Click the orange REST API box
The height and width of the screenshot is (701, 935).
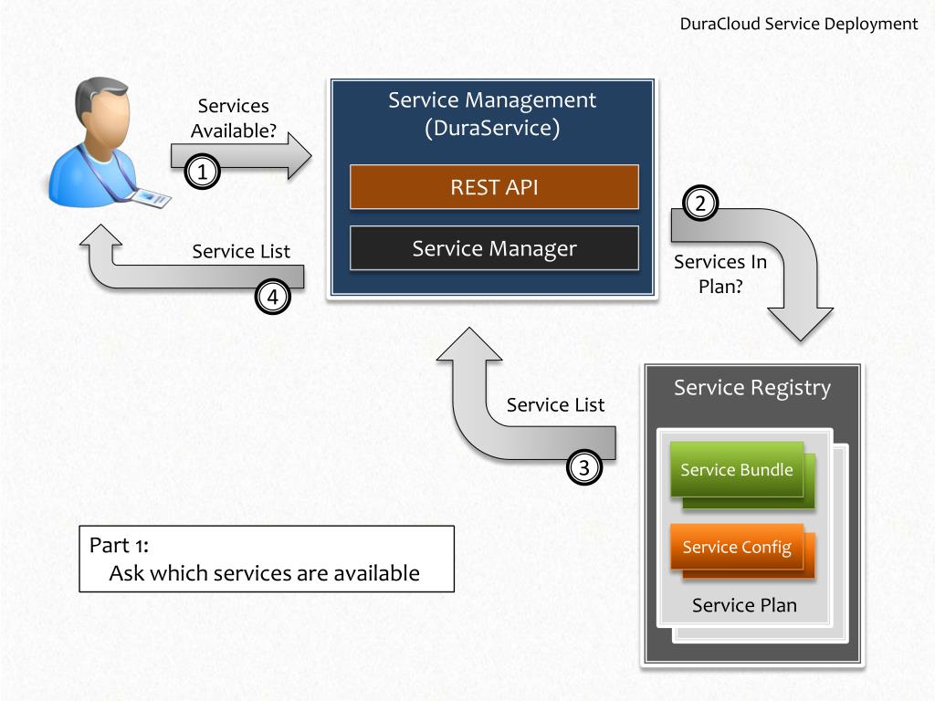tap(494, 187)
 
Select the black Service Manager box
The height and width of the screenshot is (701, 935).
tap(494, 248)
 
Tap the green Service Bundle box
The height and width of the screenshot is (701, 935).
tap(737, 470)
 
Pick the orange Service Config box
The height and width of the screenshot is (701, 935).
tap(737, 547)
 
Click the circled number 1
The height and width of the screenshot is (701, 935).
tap(202, 172)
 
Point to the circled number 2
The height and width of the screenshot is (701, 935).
tap(700, 204)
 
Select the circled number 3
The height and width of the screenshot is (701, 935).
tap(583, 467)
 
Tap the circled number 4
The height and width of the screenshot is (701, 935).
tap(272, 297)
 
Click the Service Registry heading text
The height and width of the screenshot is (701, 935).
tap(752, 388)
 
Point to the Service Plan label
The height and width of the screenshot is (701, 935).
tap(744, 605)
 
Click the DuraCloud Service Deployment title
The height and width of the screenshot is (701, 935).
tap(798, 24)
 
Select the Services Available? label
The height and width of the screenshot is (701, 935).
tap(233, 118)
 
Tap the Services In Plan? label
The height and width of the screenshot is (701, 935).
tap(720, 274)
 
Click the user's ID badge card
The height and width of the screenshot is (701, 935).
tap(151, 198)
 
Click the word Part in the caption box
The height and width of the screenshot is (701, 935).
tap(110, 545)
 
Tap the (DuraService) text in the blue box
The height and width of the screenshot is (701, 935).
tap(492, 128)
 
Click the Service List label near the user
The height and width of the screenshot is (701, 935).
tap(241, 252)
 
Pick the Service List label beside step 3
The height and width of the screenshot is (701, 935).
tap(555, 404)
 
